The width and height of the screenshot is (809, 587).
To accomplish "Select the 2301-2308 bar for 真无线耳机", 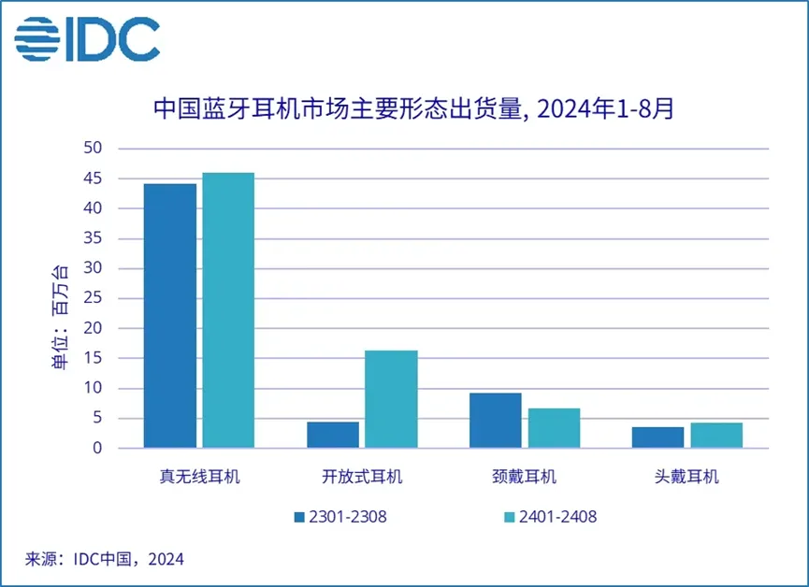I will tap(170, 316).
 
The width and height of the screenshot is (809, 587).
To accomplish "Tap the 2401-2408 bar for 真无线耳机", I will tap(228, 310).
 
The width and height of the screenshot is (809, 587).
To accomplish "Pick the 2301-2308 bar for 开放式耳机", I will tap(333, 435).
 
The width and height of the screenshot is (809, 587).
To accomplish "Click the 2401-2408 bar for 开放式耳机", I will tap(391, 399).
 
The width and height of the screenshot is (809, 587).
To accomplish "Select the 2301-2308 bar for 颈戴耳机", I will tap(496, 421).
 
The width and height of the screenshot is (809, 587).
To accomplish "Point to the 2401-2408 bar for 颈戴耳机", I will tap(554, 428).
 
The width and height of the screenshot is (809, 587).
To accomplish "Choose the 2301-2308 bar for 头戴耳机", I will tap(658, 437).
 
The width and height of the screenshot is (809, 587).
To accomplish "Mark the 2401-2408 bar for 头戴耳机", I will tap(716, 436).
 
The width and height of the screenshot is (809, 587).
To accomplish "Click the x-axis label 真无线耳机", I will tap(200, 477).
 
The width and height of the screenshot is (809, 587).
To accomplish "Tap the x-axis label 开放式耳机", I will tap(362, 477).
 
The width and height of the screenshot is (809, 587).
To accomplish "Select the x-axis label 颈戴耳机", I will tap(525, 477).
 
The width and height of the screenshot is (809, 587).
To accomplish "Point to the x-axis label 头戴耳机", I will tap(687, 477).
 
